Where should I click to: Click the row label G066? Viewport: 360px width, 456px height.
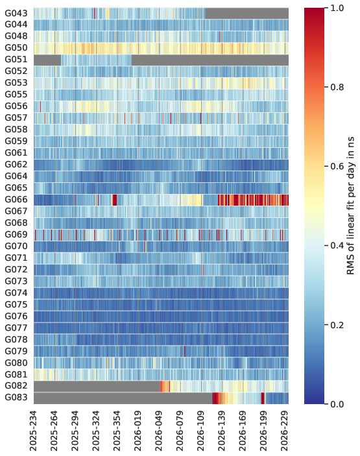pyautogui.click(x=16, y=200)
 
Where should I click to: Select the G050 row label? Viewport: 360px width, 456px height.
pyautogui.click(x=16, y=48)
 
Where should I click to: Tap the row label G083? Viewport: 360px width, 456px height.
pyautogui.click(x=16, y=398)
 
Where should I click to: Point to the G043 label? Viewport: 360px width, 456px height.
pyautogui.click(x=16, y=14)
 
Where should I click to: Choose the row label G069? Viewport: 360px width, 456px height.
pyautogui.click(x=16, y=235)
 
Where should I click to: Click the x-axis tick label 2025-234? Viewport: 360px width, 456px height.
pyautogui.click(x=34, y=431)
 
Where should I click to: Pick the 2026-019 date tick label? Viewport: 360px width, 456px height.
pyautogui.click(x=138, y=431)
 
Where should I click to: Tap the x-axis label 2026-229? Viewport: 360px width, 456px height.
pyautogui.click(x=284, y=431)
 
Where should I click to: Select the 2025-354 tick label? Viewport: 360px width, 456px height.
pyautogui.click(x=117, y=431)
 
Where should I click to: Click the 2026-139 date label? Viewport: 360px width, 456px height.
pyautogui.click(x=222, y=431)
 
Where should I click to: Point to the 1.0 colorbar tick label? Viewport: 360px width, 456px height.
pyautogui.click(x=337, y=8)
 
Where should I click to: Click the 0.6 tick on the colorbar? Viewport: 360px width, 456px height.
pyautogui.click(x=337, y=167)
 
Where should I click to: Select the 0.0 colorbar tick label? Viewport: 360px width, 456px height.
pyautogui.click(x=337, y=405)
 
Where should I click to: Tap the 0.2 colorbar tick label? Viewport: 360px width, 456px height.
pyautogui.click(x=337, y=325)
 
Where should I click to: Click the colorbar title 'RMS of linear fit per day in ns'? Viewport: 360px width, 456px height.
pyautogui.click(x=351, y=206)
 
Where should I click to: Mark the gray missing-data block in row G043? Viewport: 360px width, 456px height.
pyautogui.click(x=247, y=14)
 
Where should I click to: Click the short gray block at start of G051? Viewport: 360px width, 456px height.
pyautogui.click(x=47, y=60)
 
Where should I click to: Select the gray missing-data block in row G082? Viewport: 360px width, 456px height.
pyautogui.click(x=97, y=386)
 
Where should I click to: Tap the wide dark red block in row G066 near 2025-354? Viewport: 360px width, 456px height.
pyautogui.click(x=115, y=200)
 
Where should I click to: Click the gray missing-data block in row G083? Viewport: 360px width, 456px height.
pyautogui.click(x=123, y=398)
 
